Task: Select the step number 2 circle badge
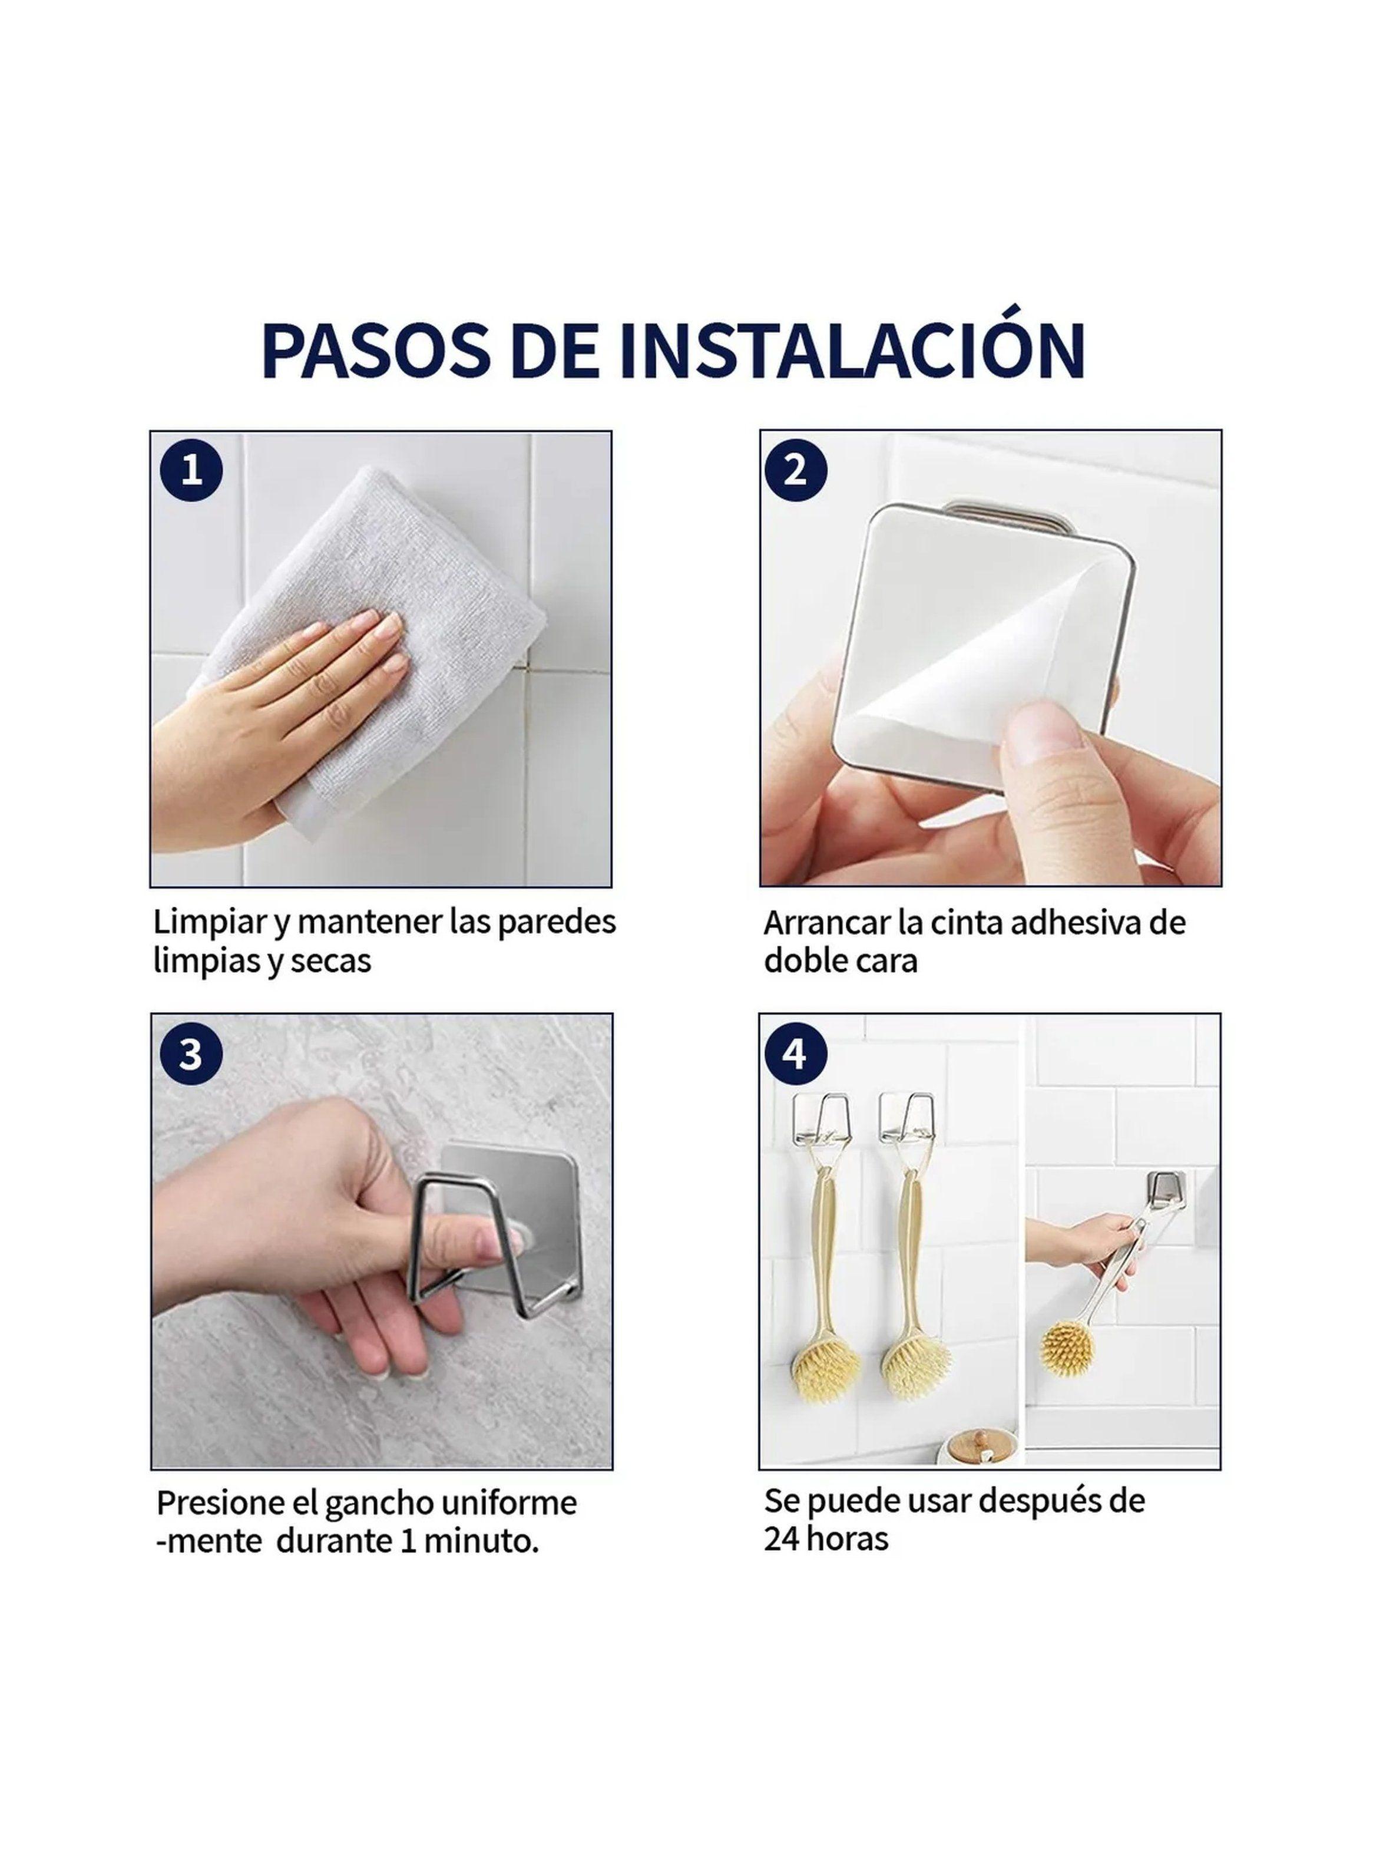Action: pyautogui.click(x=795, y=471)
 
